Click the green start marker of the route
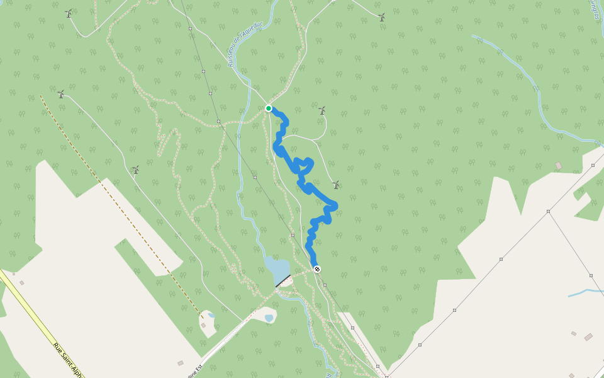point(269,108)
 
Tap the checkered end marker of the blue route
point(317,269)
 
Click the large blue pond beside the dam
point(276,269)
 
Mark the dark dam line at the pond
point(282,281)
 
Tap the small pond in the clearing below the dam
point(270,318)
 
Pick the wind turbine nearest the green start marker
point(322,111)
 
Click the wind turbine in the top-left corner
point(69,13)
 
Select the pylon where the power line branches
point(548,211)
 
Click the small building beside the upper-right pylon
point(558,166)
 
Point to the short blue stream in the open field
point(584,292)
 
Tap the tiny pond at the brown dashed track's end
point(211,316)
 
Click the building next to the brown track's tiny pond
point(203,326)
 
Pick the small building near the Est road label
point(181,363)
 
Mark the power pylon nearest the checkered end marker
point(325,285)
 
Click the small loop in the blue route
point(305,165)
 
